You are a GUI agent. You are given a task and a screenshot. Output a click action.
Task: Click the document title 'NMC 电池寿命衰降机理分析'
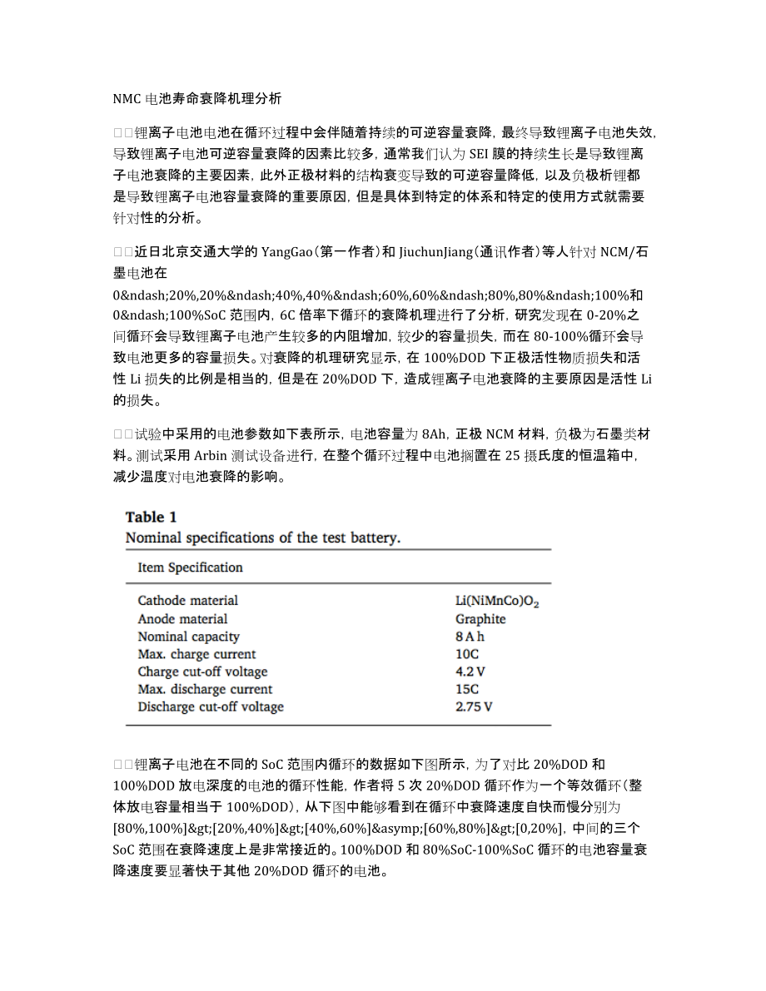coord(197,99)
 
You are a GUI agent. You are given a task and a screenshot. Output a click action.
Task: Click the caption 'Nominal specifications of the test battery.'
coord(263,538)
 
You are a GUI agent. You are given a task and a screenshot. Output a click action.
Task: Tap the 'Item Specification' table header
coord(190,567)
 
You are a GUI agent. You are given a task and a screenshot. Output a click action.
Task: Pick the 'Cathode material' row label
coord(187,601)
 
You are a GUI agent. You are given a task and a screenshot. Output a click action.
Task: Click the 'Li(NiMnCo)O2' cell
coord(497,601)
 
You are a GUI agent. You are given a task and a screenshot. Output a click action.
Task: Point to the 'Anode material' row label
coord(182,619)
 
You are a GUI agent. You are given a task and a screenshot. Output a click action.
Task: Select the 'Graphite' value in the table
coord(480,619)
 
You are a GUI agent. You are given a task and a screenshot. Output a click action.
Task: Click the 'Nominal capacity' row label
coord(188,637)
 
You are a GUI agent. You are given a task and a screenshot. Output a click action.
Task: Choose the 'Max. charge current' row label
coord(196,654)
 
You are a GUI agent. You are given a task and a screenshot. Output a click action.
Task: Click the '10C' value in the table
coord(467,654)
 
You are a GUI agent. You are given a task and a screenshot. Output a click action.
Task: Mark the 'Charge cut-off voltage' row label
coord(202,671)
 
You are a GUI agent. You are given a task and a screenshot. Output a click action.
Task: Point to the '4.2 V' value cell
coord(470,671)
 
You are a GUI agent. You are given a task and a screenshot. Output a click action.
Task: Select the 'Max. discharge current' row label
coord(205,689)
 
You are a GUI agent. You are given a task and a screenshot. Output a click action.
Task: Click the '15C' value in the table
coord(467,689)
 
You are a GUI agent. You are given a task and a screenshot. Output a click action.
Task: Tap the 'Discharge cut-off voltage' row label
coord(211,707)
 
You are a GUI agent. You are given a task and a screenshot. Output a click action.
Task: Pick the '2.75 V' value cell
coord(474,707)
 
